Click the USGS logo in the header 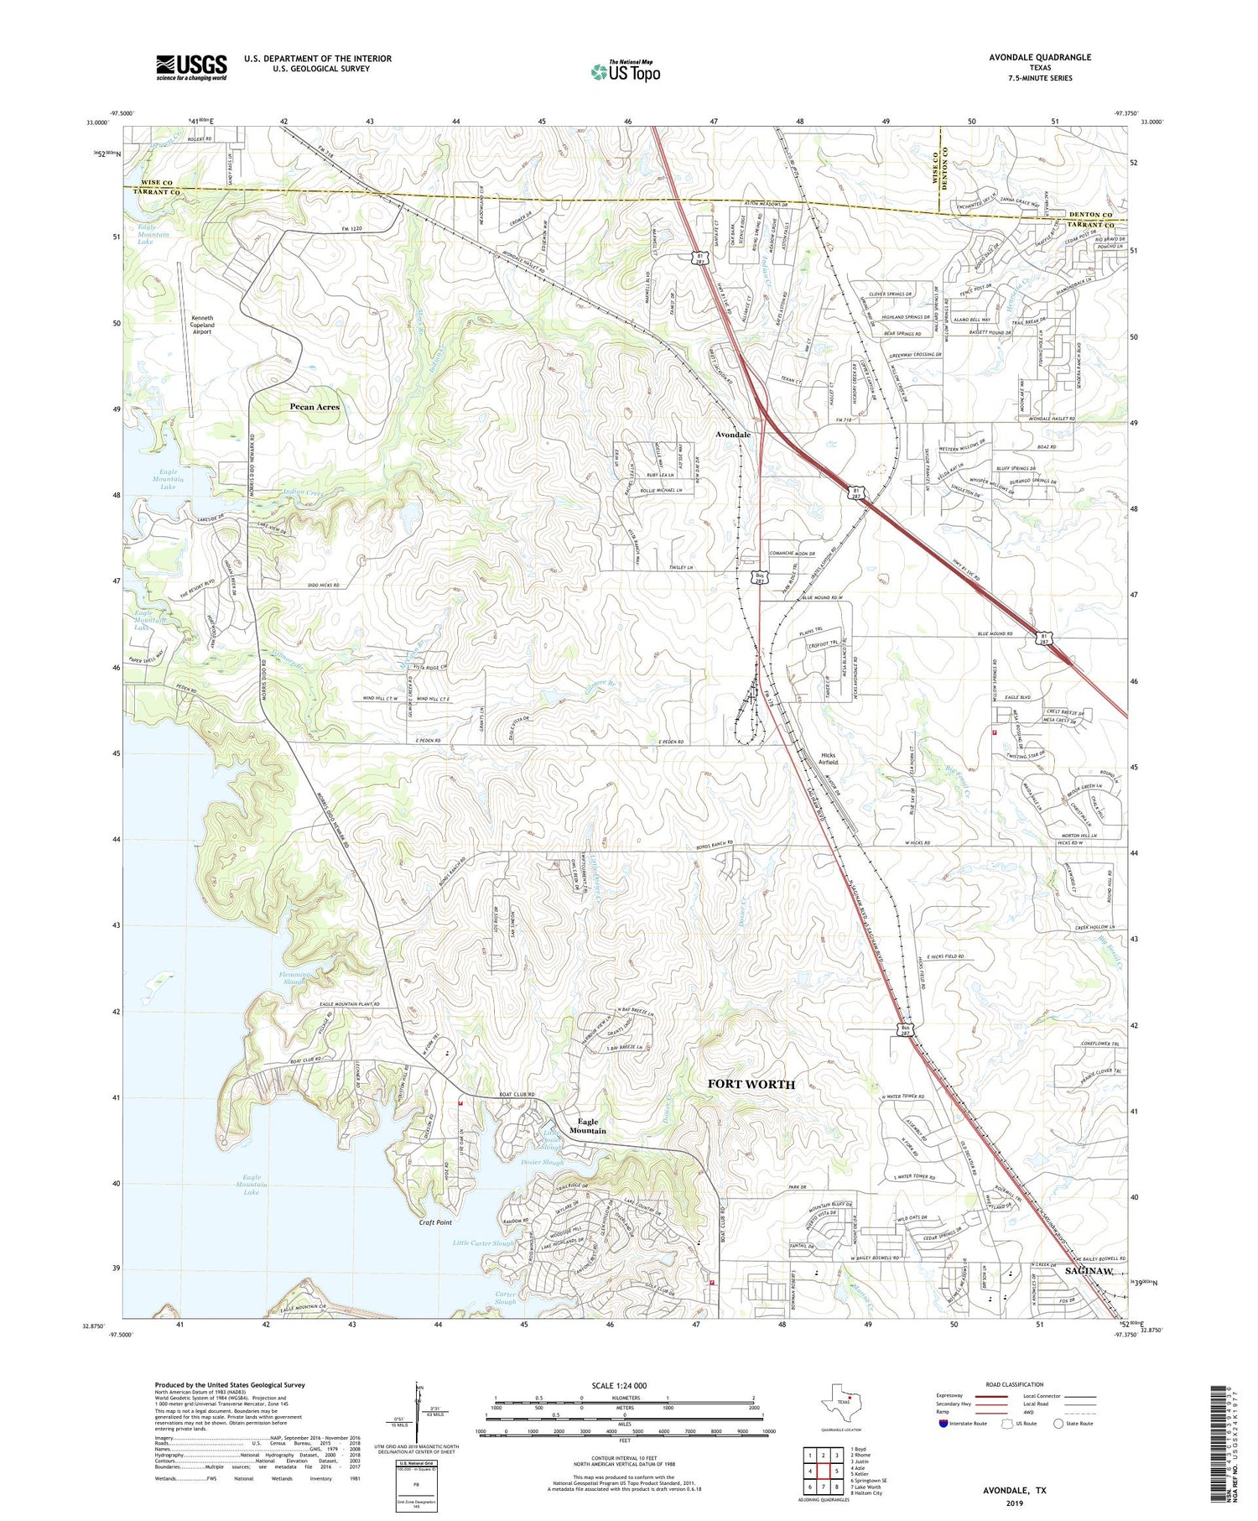click(191, 67)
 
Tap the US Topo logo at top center click(625, 72)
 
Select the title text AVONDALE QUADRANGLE click(1040, 57)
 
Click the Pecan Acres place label click(314, 407)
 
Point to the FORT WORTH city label click(751, 1084)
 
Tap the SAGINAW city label click(1089, 1272)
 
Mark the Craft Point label click(436, 1222)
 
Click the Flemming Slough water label click(294, 978)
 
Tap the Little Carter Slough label click(484, 1242)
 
